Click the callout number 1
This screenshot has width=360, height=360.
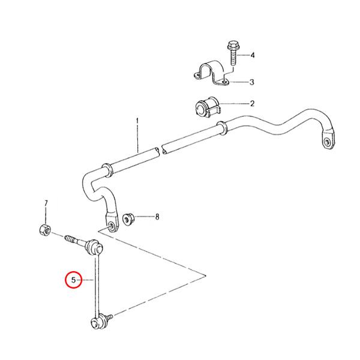pyautogui.click(x=137, y=121)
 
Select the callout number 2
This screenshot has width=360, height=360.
pyautogui.click(x=251, y=104)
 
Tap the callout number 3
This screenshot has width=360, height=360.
pyautogui.click(x=252, y=82)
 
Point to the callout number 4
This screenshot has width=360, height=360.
pyautogui.click(x=253, y=55)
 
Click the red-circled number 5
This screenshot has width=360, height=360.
pyautogui.click(x=74, y=280)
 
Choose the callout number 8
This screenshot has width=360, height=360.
pyautogui.click(x=157, y=217)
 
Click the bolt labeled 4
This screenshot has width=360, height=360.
pyautogui.click(x=232, y=54)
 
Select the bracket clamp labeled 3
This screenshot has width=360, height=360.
pyautogui.click(x=209, y=74)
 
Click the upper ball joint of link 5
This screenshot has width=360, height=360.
pyautogui.click(x=95, y=247)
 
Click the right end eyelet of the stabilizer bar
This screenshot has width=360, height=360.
pyautogui.click(x=327, y=142)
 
